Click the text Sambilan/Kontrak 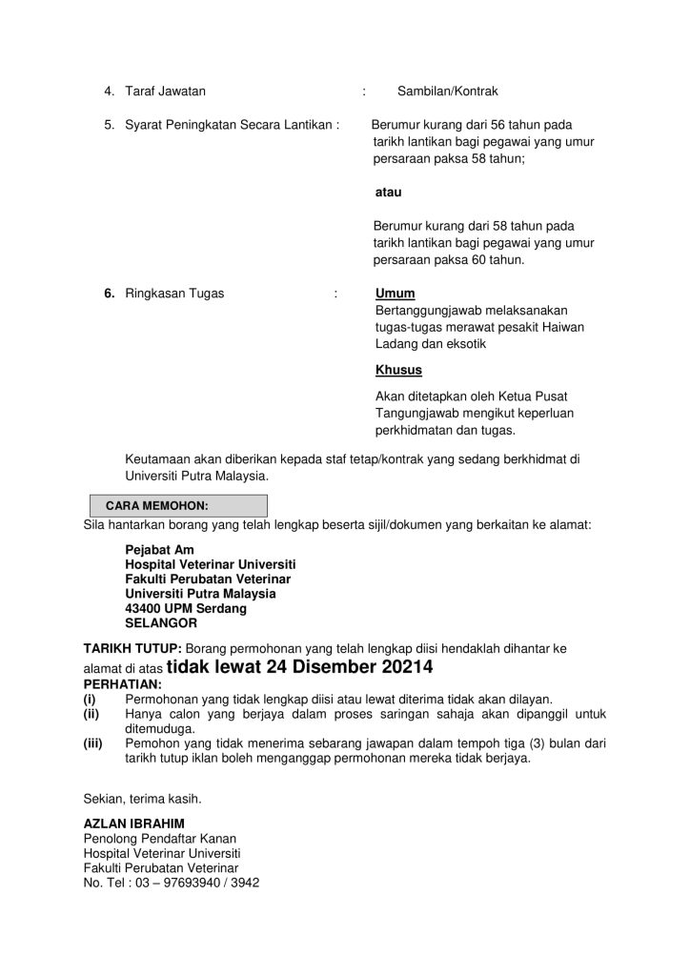(447, 91)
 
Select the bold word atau (389, 192)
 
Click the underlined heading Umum (395, 294)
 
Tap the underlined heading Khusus (398, 370)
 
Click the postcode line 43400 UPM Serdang (186, 608)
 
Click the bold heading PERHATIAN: (123, 684)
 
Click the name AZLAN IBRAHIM (133, 823)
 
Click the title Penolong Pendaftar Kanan (160, 838)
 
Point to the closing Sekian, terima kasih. (143, 798)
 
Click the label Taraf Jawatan (165, 91)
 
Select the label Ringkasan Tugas (174, 294)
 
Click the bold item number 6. (110, 294)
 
